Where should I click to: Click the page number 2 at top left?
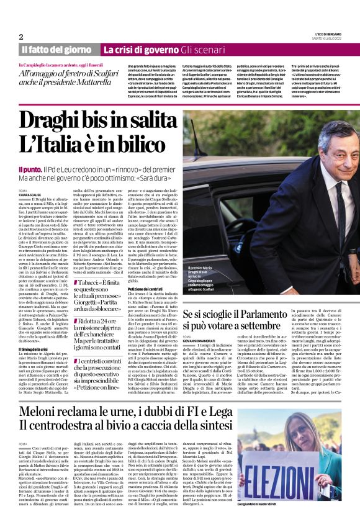click(20, 37)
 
